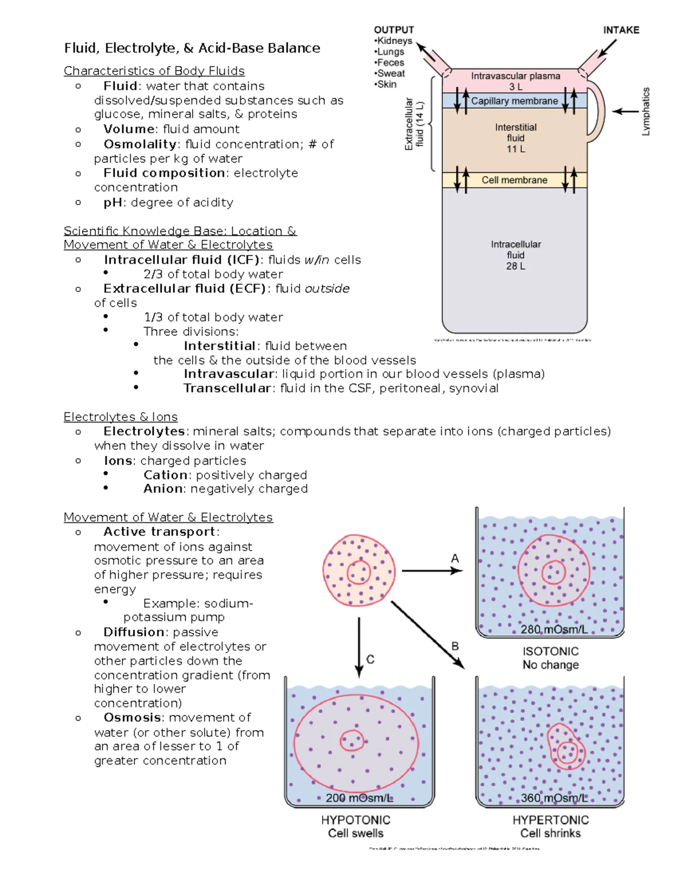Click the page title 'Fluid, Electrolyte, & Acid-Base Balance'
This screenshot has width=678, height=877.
click(x=192, y=48)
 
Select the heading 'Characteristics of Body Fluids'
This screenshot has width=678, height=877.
click(x=154, y=71)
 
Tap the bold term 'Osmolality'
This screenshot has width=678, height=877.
click(x=140, y=145)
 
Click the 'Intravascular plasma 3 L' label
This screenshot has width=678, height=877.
click(x=515, y=81)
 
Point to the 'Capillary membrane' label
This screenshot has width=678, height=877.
click(x=514, y=101)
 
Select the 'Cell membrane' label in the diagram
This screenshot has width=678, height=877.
click(x=514, y=180)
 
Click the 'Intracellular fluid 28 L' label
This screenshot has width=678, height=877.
click(x=515, y=255)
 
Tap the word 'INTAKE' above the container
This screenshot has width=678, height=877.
click(x=621, y=30)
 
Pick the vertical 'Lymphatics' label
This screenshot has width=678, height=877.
click(x=646, y=111)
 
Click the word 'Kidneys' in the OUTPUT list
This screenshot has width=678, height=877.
click(x=394, y=41)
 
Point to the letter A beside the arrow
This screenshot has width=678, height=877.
click(x=455, y=558)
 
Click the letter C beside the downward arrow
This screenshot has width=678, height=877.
click(x=371, y=659)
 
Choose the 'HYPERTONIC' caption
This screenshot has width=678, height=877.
click(x=550, y=820)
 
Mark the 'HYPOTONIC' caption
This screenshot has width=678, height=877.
click(x=355, y=820)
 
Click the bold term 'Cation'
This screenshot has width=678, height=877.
click(x=165, y=475)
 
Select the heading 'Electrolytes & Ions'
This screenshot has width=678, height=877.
click(x=120, y=417)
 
